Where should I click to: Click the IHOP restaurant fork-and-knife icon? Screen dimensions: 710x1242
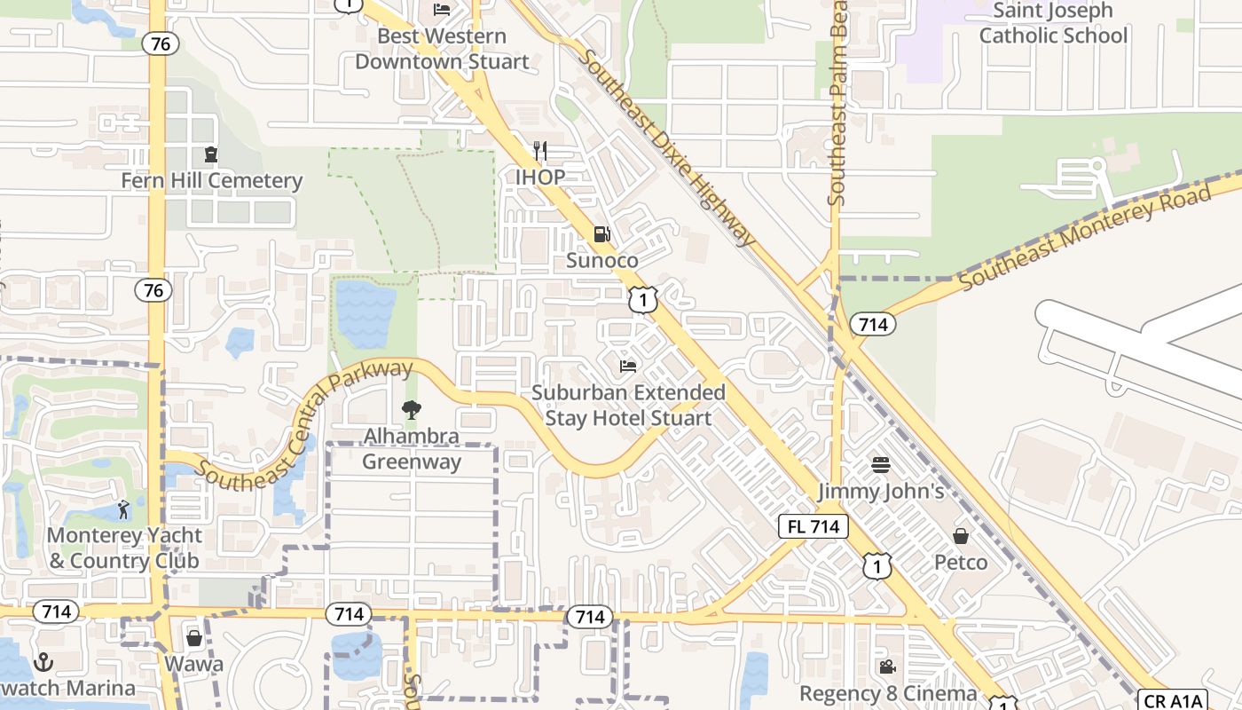click(540, 151)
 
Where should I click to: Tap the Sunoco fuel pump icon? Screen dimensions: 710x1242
click(601, 234)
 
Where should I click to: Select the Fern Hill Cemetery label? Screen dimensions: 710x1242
click(211, 181)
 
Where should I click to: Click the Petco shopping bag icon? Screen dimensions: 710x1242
click(961, 536)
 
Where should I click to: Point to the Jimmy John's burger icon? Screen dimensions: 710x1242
click(880, 464)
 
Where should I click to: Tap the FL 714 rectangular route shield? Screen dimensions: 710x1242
click(814, 526)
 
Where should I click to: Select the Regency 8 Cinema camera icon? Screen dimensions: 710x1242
click(886, 667)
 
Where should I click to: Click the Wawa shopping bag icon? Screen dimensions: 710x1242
click(194, 638)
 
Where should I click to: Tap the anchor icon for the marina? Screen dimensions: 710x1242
click(43, 662)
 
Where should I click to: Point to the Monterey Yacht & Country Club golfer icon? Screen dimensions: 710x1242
click(123, 509)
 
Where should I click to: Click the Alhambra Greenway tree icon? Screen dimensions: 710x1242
click(411, 410)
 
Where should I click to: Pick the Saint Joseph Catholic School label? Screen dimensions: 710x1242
click(1053, 23)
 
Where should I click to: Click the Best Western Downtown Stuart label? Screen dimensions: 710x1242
click(442, 49)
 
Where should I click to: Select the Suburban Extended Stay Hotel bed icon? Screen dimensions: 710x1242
click(628, 366)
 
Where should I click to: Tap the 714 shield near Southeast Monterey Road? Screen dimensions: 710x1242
click(873, 325)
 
